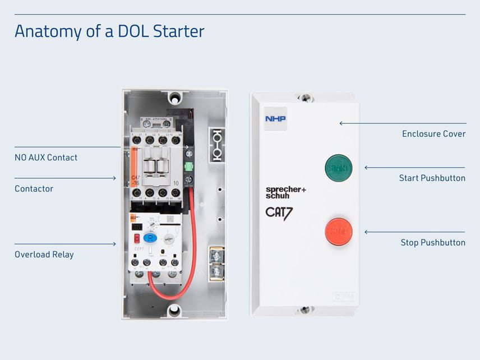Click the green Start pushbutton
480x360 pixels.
point(339,168)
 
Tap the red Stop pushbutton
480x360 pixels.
point(339,232)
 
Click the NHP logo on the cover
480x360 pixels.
point(275,119)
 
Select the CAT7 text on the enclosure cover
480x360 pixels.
point(279,213)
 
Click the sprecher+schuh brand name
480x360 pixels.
point(285,192)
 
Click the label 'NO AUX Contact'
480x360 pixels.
point(46,158)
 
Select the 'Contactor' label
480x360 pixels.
point(34,188)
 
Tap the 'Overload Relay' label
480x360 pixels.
point(44,254)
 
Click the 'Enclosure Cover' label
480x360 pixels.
point(433,134)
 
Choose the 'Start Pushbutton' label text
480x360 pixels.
point(432,178)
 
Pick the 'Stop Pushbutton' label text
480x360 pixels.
point(432,242)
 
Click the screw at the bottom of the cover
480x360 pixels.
point(304,309)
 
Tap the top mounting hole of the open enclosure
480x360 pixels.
point(176,96)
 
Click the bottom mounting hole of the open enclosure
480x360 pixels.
point(174,309)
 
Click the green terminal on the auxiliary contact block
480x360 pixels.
point(189,167)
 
